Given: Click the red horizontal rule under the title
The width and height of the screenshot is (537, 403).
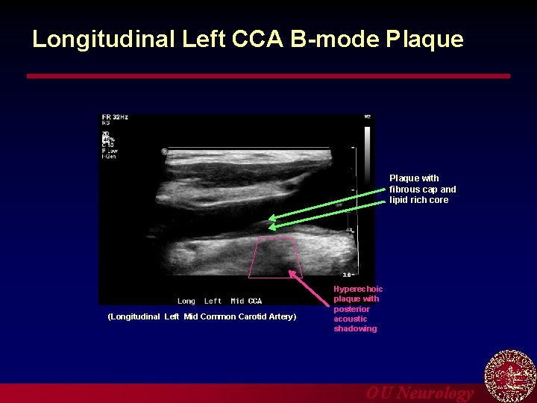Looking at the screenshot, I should (268, 76).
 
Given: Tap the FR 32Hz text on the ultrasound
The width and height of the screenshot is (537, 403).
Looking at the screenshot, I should (115, 117).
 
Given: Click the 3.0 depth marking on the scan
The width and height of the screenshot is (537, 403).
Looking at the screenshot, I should (347, 275).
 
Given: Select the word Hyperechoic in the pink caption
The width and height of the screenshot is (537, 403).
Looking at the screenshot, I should (358, 289).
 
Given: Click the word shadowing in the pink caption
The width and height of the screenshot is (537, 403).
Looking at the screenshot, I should (355, 328).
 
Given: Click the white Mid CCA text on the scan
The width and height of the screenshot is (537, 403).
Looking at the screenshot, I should (246, 302).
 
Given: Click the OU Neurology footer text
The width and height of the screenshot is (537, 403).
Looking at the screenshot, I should (419, 393).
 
